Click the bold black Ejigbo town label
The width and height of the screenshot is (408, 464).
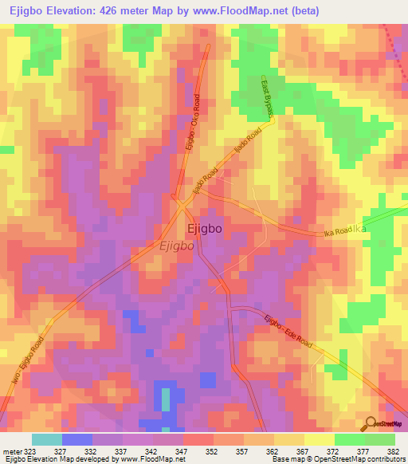point(204,228)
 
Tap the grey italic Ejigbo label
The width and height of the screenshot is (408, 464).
point(177,246)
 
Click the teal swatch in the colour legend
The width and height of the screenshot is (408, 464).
point(47,439)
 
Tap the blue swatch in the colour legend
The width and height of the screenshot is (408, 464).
point(77,439)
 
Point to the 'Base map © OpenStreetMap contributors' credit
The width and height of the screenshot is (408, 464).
point(337,459)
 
